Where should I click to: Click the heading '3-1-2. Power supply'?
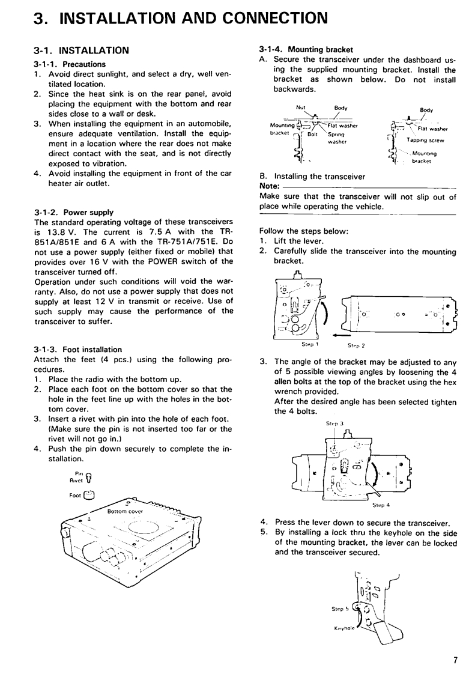point(74,212)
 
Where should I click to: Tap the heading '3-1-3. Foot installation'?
point(78,350)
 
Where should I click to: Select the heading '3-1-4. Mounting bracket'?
point(306,49)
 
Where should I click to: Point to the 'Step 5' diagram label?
point(337,609)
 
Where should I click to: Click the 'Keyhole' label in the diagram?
point(344,628)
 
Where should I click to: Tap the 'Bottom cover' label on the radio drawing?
point(125,512)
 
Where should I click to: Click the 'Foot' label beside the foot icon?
point(75,495)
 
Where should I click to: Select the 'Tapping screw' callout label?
point(425,140)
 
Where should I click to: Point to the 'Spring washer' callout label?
point(337,138)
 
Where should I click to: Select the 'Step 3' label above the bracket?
point(334,424)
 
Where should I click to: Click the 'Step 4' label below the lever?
point(381,505)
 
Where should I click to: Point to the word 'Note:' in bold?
point(270,186)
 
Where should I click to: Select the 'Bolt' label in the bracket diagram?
point(312,134)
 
